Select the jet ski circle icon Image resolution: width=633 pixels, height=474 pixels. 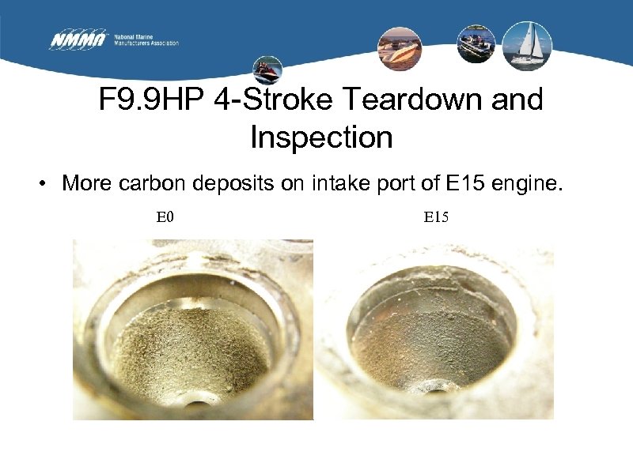267,70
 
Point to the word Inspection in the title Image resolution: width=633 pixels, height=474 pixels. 321,137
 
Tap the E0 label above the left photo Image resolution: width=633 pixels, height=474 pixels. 165,216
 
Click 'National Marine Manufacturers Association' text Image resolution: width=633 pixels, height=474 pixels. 146,39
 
